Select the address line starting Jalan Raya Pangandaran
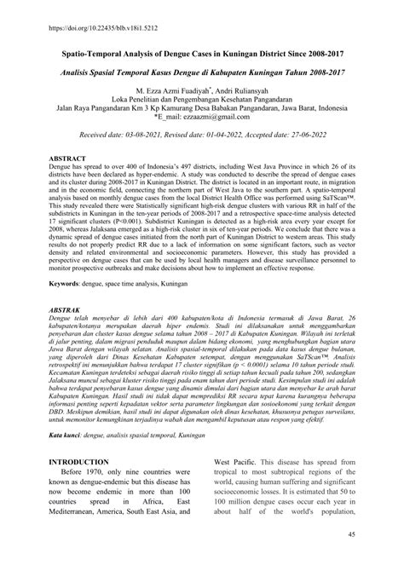click(201, 108)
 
